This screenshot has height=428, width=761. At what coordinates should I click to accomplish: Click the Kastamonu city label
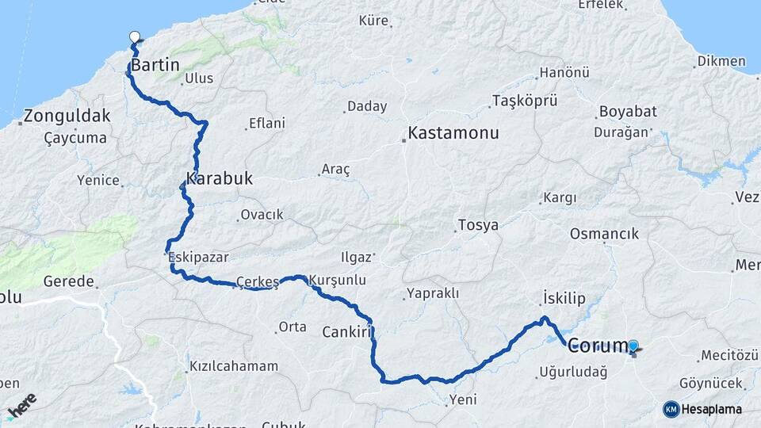coord(453,132)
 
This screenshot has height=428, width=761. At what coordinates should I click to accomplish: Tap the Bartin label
coord(155,65)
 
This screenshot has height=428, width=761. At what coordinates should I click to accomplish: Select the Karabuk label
coord(220,178)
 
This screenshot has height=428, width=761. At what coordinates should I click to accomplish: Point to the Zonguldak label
coord(67,116)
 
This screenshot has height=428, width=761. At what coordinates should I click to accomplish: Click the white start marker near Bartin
coord(135,36)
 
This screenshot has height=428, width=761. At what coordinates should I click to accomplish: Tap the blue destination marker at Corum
coord(633,346)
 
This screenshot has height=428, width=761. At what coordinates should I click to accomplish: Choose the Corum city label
coord(597,346)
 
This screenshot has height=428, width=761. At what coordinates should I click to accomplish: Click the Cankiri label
coord(346,331)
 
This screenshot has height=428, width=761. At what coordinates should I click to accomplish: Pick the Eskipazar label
coord(198,257)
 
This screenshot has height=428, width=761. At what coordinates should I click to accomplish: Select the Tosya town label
coord(478,225)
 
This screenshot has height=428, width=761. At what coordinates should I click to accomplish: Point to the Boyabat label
coord(628,112)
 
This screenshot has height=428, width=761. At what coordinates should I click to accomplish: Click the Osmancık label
coord(604,234)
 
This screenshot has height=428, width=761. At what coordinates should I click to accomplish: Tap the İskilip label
coord(564,298)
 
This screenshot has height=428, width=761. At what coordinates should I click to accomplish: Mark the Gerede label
coord(69,281)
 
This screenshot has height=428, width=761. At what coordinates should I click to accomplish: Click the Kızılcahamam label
coord(234,366)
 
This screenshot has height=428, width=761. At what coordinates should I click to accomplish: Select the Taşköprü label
coord(525,101)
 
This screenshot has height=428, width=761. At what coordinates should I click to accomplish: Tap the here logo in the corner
coord(21,404)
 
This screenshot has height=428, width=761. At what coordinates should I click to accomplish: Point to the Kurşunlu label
coord(337,281)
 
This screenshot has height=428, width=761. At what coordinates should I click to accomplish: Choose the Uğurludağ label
coord(572,371)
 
